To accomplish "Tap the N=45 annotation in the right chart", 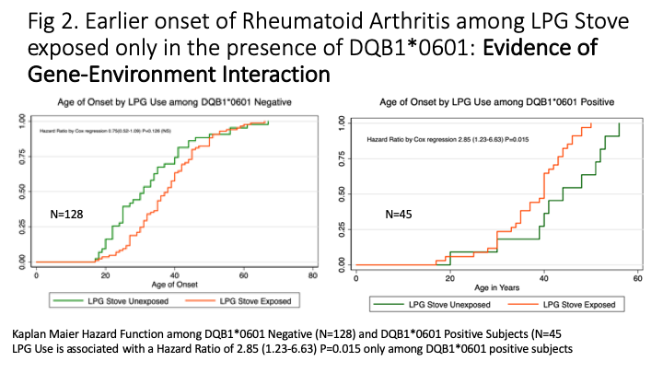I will [401, 216].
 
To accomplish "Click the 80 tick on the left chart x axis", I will [312, 275].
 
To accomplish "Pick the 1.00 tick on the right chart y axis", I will [342, 121].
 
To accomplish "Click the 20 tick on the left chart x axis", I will [104, 275].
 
